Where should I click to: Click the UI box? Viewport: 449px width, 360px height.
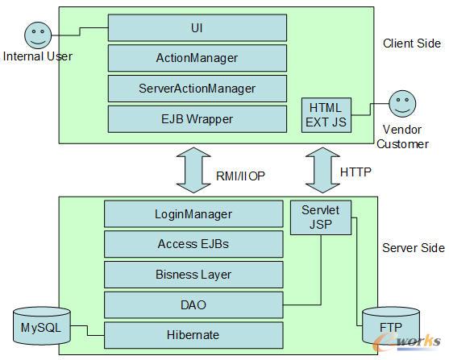click(197, 27)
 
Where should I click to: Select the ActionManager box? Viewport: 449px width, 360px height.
click(197, 58)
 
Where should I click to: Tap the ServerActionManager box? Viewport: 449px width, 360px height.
click(197, 89)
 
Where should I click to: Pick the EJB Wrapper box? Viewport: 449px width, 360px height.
click(197, 119)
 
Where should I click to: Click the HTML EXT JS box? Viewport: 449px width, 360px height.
click(326, 115)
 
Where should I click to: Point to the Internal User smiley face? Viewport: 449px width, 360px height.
click(38, 35)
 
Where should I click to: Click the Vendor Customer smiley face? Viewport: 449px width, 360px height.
click(402, 104)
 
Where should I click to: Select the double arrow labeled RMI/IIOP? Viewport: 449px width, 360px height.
click(193, 170)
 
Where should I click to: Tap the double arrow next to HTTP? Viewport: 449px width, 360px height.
click(322, 170)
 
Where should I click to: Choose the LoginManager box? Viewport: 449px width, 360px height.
click(193, 213)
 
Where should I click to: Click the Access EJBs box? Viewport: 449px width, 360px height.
click(193, 244)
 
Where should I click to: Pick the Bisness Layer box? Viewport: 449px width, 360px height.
click(193, 275)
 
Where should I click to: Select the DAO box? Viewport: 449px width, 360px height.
click(193, 304)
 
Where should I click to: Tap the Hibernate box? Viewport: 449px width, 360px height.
click(193, 335)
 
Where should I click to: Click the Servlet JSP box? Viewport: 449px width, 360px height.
click(321, 217)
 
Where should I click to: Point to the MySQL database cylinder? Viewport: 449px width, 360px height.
click(42, 326)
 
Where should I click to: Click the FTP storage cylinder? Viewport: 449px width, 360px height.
click(391, 326)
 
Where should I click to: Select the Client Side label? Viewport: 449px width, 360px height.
click(412, 43)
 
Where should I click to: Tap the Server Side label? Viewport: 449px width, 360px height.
click(414, 248)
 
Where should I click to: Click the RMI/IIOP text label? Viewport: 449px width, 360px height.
click(240, 176)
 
